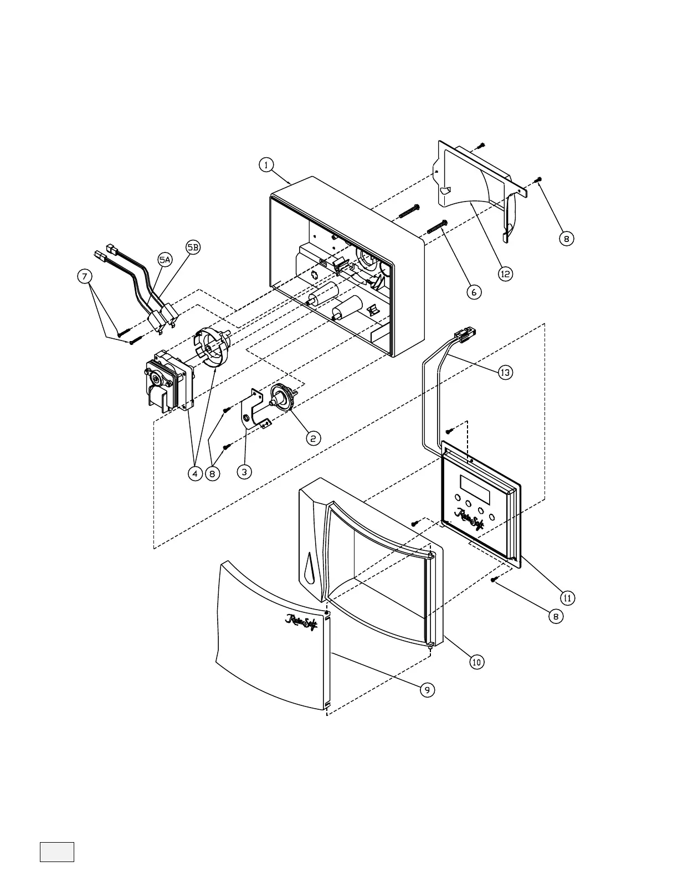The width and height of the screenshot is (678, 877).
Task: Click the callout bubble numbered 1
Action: [x=267, y=165]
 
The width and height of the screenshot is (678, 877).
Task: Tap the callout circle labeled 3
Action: [x=244, y=472]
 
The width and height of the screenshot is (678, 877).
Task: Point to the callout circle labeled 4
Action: [x=194, y=474]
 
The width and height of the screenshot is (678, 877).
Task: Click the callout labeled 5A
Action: [x=165, y=259]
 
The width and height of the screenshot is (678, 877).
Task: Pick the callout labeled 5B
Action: [x=192, y=248]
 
